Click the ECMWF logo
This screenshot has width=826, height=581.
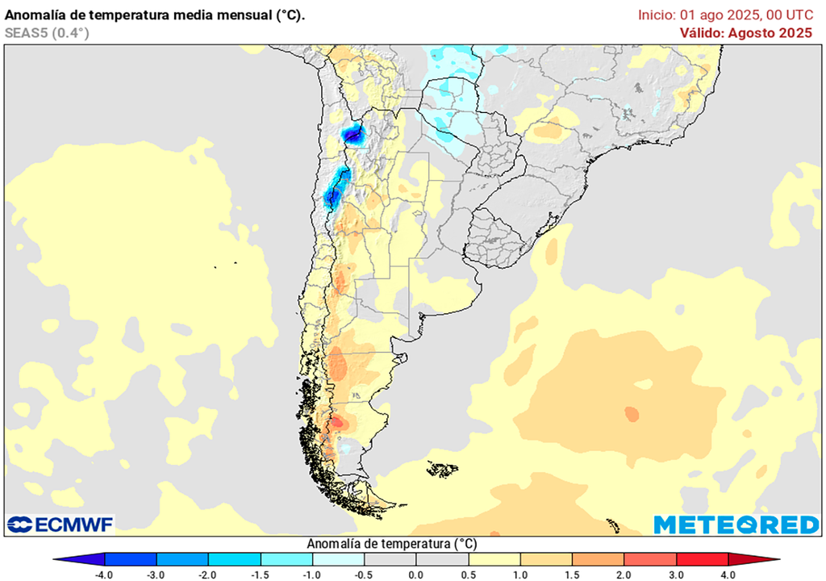(60, 525)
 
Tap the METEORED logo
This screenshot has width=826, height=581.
(736, 525)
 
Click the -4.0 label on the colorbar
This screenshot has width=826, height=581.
(103, 575)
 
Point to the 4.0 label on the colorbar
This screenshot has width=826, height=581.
(728, 575)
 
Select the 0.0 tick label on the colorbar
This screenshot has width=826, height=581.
(416, 575)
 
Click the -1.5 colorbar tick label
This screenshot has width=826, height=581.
(260, 575)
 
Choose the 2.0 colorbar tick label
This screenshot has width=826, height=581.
(624, 575)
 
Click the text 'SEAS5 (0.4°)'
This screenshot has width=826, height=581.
(47, 33)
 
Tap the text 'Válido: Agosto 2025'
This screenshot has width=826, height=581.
(745, 33)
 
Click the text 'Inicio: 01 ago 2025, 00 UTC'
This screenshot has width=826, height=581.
(725, 15)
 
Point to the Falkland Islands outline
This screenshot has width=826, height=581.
(443, 468)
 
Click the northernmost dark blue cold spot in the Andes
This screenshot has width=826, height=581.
(353, 133)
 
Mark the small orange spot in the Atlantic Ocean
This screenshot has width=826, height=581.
(631, 414)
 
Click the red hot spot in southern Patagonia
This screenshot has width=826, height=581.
(337, 421)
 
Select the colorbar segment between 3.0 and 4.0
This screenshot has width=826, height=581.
(702, 559)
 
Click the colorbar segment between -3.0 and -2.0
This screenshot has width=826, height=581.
(182, 559)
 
